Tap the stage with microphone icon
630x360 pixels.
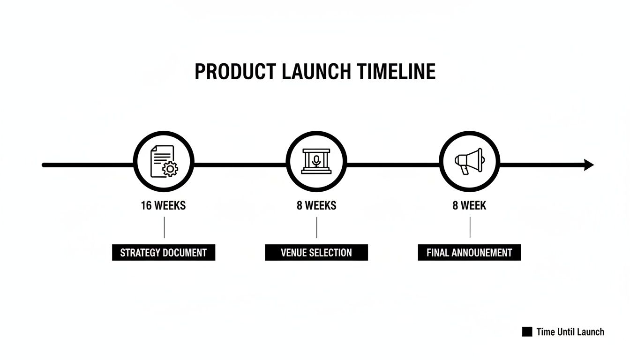(316, 161)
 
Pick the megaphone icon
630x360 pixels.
(469, 161)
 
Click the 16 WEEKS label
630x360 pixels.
(163, 205)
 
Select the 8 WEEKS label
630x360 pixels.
(316, 205)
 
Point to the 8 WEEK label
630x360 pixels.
(469, 205)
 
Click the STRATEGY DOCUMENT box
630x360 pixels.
(164, 253)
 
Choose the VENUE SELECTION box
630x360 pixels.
(316, 253)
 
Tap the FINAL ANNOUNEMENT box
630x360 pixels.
(469, 253)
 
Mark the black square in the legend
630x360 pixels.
(527, 332)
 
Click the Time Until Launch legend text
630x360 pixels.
(570, 332)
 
